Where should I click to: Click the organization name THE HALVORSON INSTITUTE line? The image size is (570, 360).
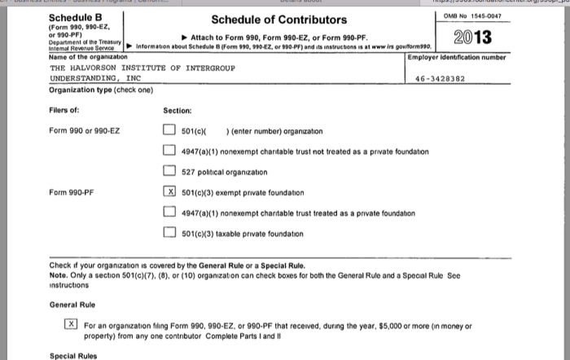click(x=142, y=68)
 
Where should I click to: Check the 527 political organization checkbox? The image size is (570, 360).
click(x=169, y=173)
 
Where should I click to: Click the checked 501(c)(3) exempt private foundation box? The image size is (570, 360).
click(x=169, y=193)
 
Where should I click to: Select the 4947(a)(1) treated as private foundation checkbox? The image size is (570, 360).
click(x=169, y=213)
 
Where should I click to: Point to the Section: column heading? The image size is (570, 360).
click(x=177, y=110)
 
